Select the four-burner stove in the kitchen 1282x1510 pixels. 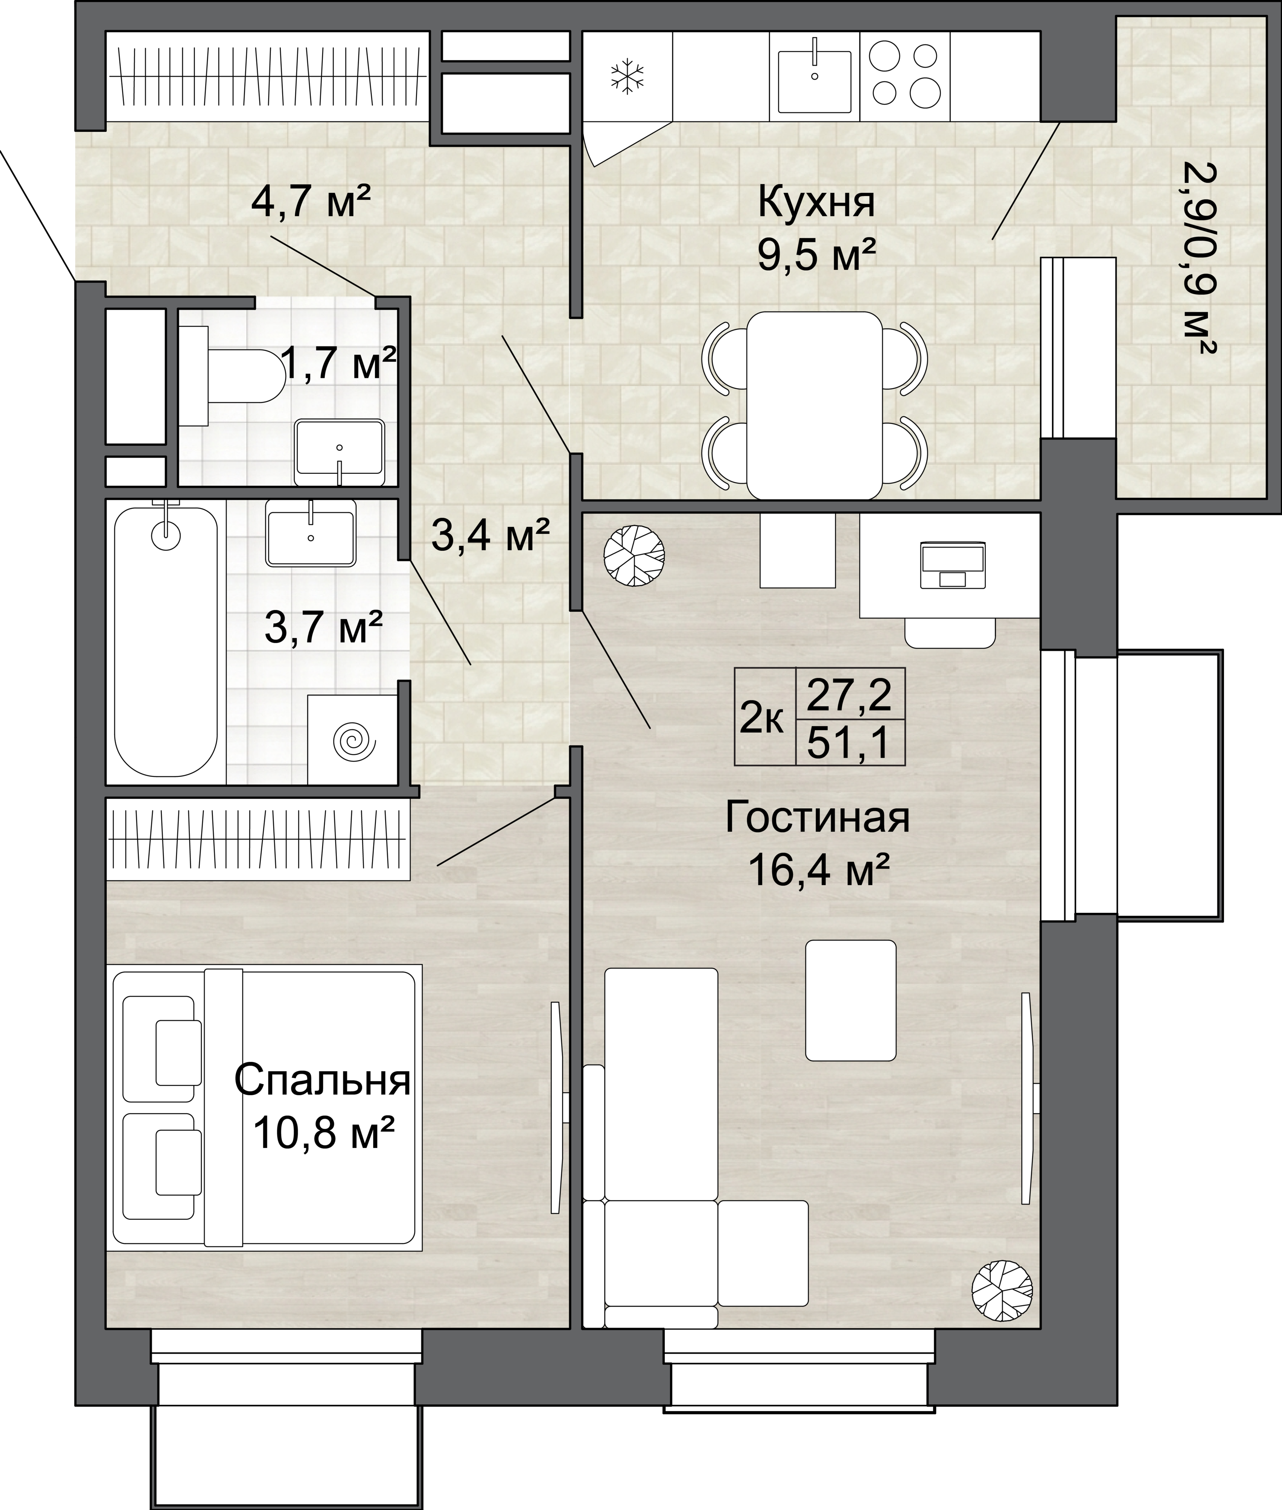pos(905,75)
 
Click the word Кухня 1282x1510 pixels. pos(816,203)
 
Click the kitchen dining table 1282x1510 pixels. pos(815,405)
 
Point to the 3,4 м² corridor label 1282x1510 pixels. pos(490,535)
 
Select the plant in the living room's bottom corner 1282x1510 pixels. pos(1002,1291)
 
